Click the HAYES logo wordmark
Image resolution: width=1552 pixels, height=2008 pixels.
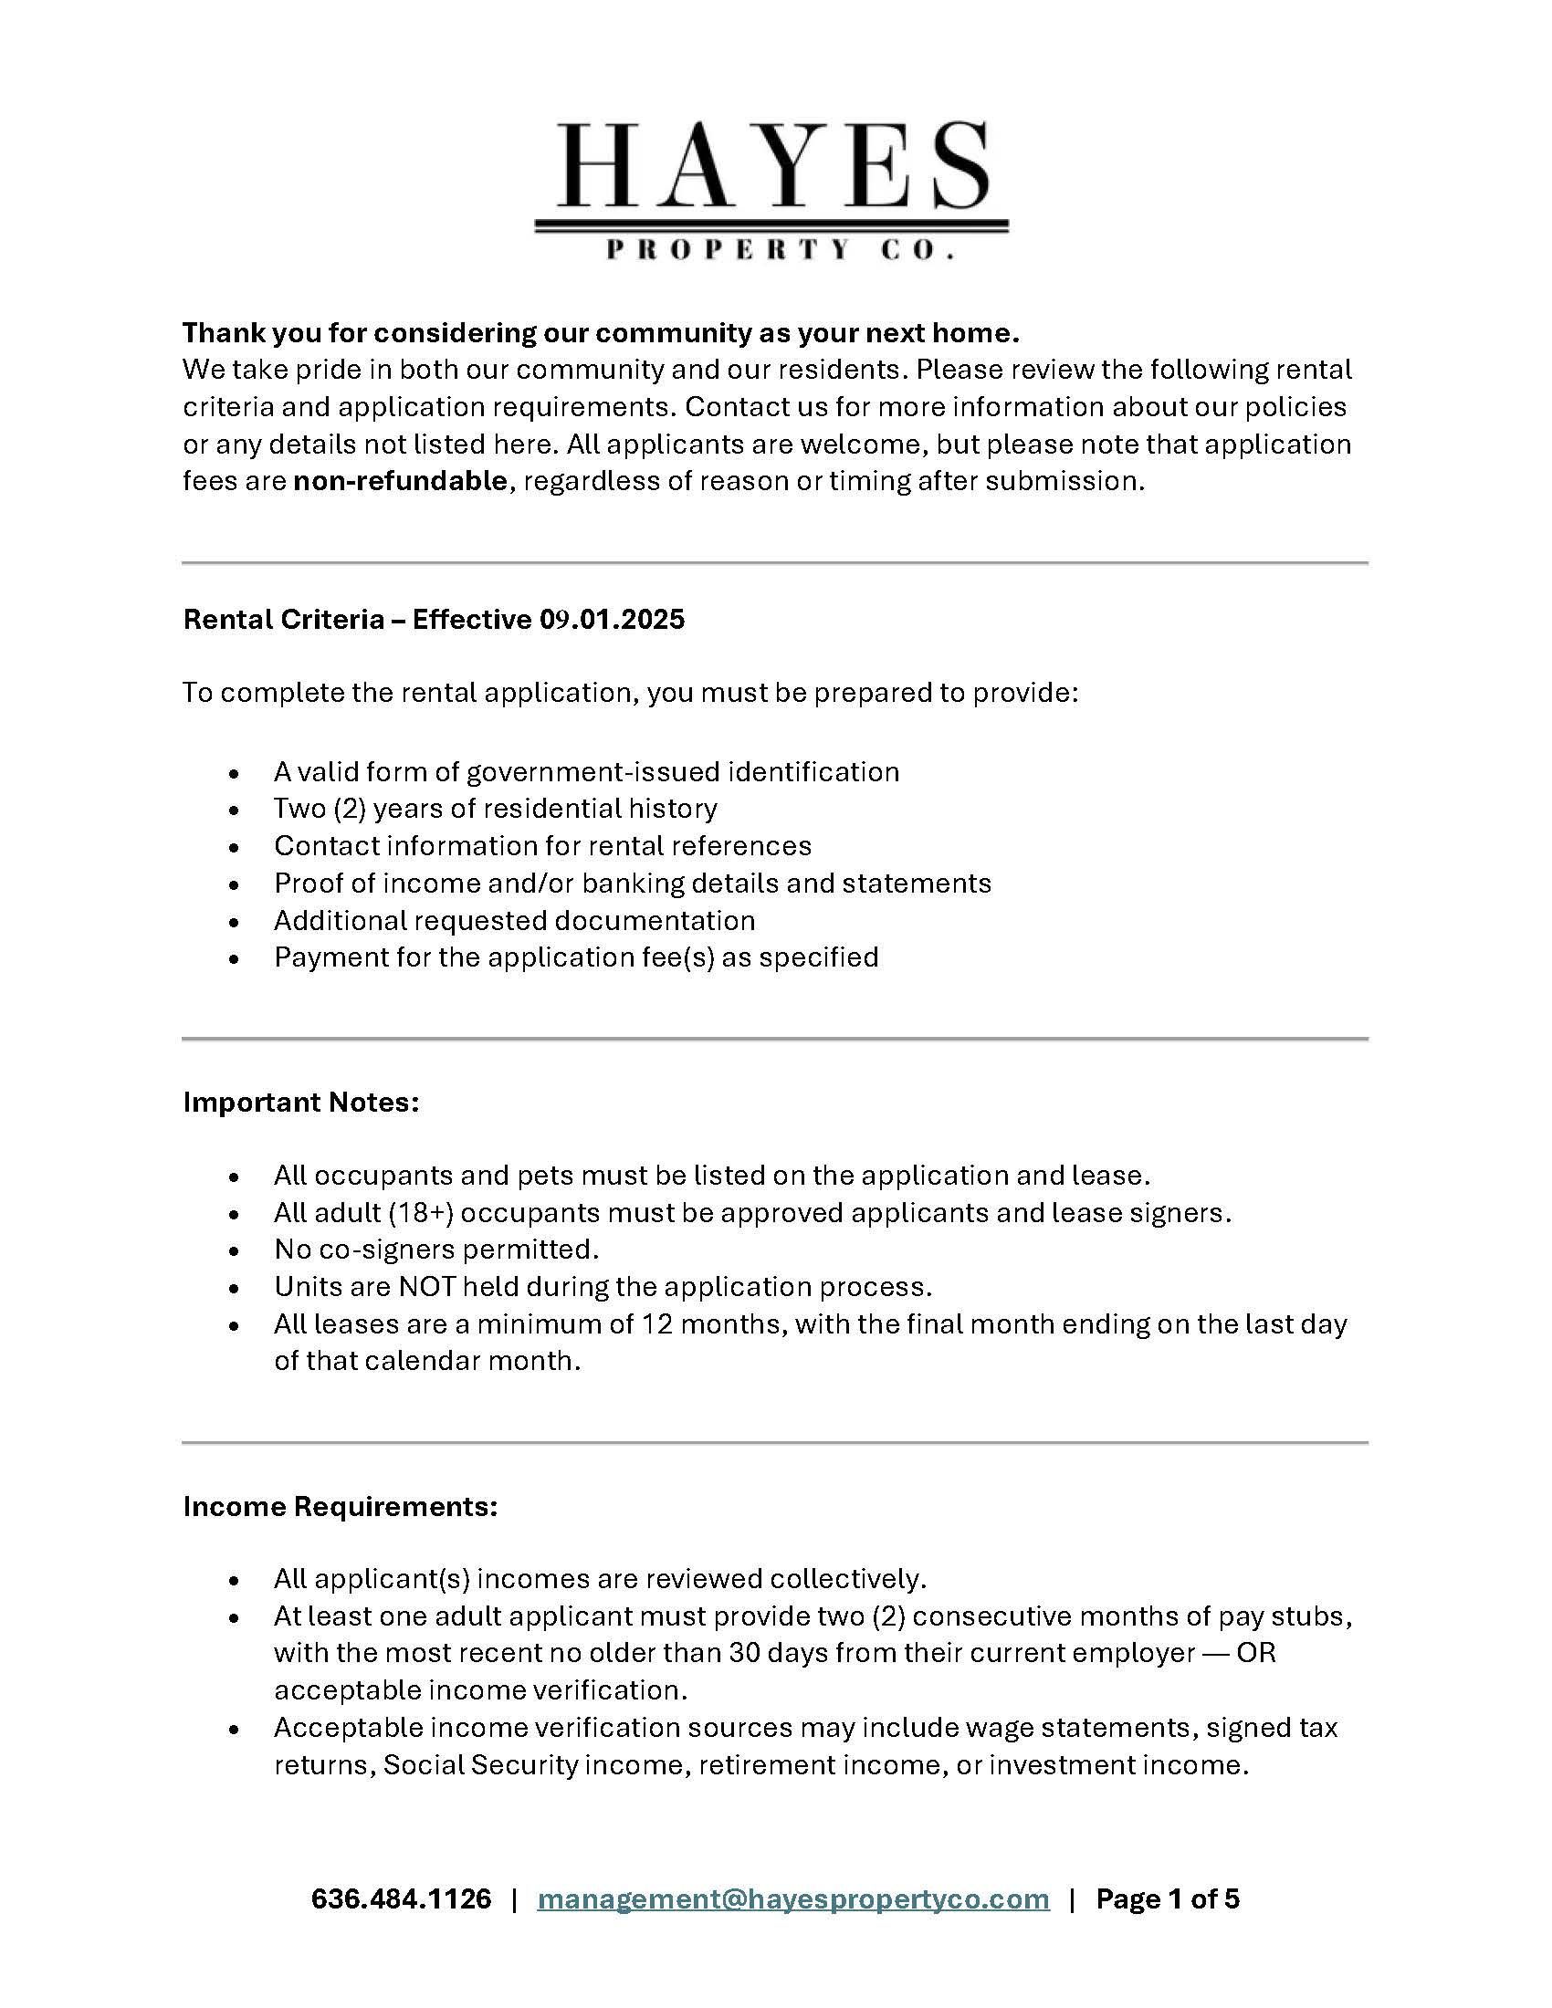(x=772, y=165)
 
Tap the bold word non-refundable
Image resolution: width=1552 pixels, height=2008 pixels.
(x=400, y=481)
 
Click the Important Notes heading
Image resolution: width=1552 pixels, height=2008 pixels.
(x=300, y=1102)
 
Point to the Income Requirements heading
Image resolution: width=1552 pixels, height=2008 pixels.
(x=341, y=1506)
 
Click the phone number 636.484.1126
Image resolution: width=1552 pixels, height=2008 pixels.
(x=401, y=1898)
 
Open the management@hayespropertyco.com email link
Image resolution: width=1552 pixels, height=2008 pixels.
(x=792, y=1898)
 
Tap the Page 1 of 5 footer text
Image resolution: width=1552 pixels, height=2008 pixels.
(x=1167, y=1898)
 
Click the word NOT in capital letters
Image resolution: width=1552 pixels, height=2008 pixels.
(x=426, y=1286)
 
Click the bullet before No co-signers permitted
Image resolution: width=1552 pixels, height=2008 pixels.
(x=236, y=1251)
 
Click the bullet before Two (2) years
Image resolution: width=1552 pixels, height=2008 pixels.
(x=236, y=810)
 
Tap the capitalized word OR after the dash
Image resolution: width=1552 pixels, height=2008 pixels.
(x=1256, y=1652)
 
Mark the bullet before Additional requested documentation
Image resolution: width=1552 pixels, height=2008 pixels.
(x=236, y=922)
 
